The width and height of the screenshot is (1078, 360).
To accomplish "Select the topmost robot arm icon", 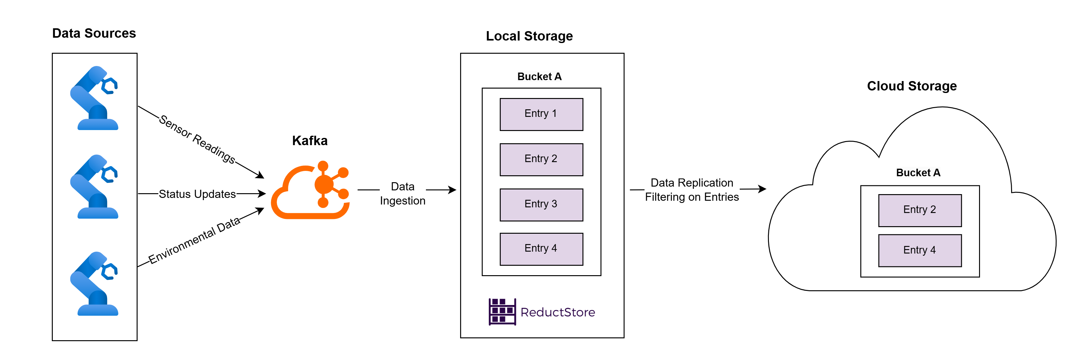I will tap(95, 98).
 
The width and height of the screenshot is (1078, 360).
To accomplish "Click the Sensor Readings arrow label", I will tap(197, 139).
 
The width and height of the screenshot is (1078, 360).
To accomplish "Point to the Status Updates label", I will tap(197, 194).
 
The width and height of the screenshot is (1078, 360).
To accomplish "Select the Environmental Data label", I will tap(194, 240).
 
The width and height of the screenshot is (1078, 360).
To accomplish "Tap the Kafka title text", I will tap(310, 141).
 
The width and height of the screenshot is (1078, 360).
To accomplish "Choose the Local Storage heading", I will tap(529, 36).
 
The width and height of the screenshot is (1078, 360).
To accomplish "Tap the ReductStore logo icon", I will tap(502, 312).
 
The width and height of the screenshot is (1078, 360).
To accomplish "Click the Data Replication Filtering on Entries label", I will tap(691, 190).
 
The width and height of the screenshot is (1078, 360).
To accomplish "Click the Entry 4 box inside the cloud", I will tap(919, 250).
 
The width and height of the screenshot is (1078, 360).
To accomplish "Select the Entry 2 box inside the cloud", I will tap(919, 210).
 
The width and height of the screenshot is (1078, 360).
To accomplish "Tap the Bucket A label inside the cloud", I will tap(918, 172).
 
